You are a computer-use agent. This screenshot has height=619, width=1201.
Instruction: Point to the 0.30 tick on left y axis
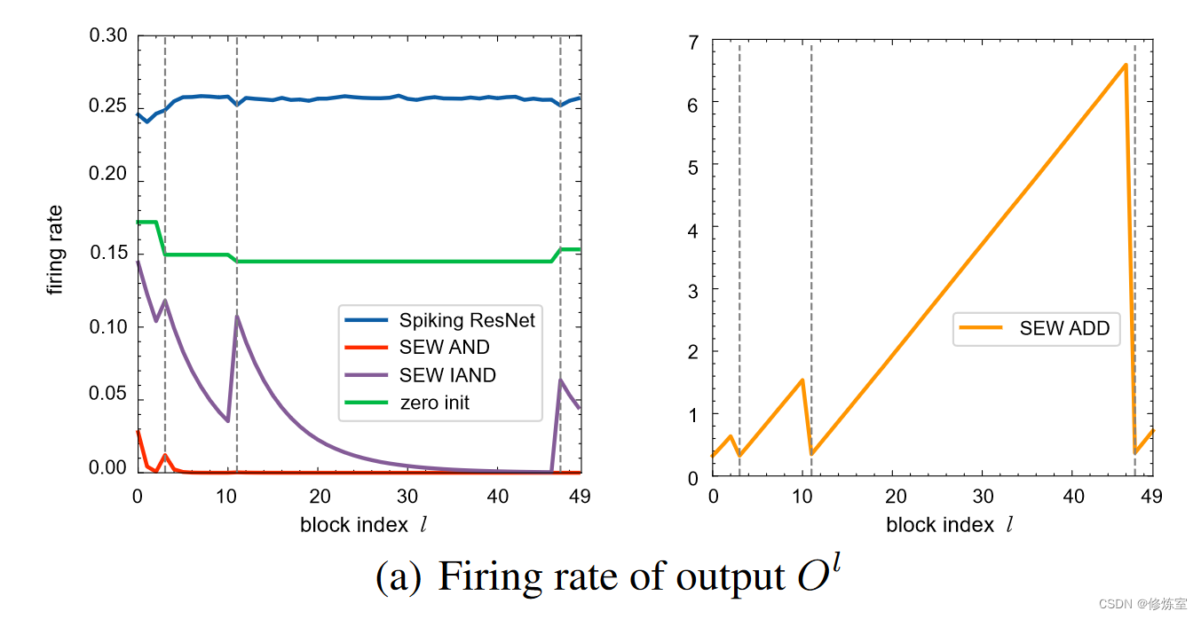tap(107, 36)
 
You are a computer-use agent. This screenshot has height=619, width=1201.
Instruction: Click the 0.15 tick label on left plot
tap(107, 253)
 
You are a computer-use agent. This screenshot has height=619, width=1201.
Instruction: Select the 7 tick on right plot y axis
tap(693, 42)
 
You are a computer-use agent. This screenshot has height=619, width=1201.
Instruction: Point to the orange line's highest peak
tap(1126, 65)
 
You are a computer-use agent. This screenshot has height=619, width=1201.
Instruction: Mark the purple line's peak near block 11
tap(237, 316)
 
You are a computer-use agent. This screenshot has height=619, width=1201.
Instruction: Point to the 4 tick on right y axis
tap(693, 229)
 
